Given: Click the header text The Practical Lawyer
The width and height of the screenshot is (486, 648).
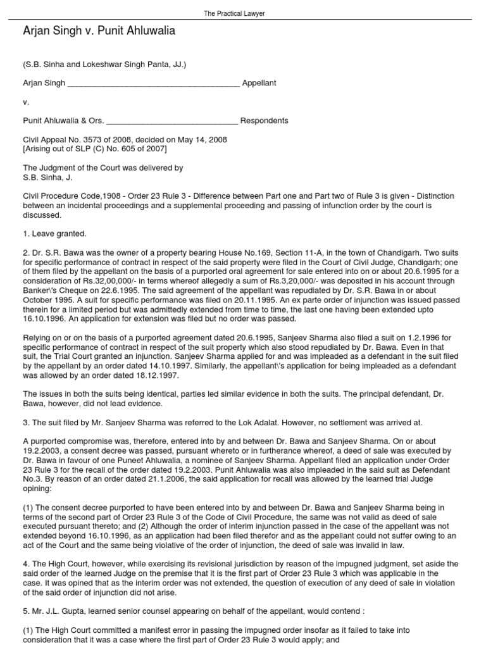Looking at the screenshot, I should tap(242, 13).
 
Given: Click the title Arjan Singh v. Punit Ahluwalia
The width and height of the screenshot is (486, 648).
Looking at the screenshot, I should tap(99, 31).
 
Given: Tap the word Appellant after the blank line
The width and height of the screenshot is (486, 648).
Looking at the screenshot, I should tap(259, 83).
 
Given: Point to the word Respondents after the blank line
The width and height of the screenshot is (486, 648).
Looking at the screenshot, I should tap(264, 120).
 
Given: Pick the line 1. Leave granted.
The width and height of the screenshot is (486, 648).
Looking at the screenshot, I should tap(51, 234).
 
